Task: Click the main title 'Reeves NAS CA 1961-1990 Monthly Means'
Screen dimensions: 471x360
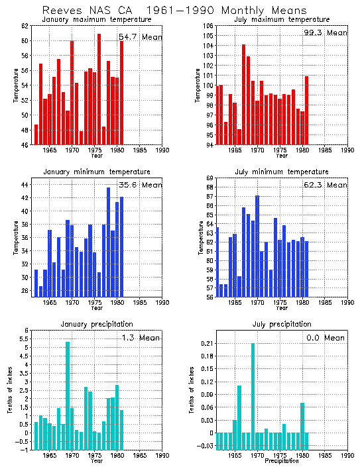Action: [x=174, y=11]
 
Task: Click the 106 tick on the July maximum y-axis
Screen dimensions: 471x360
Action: [x=208, y=26]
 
